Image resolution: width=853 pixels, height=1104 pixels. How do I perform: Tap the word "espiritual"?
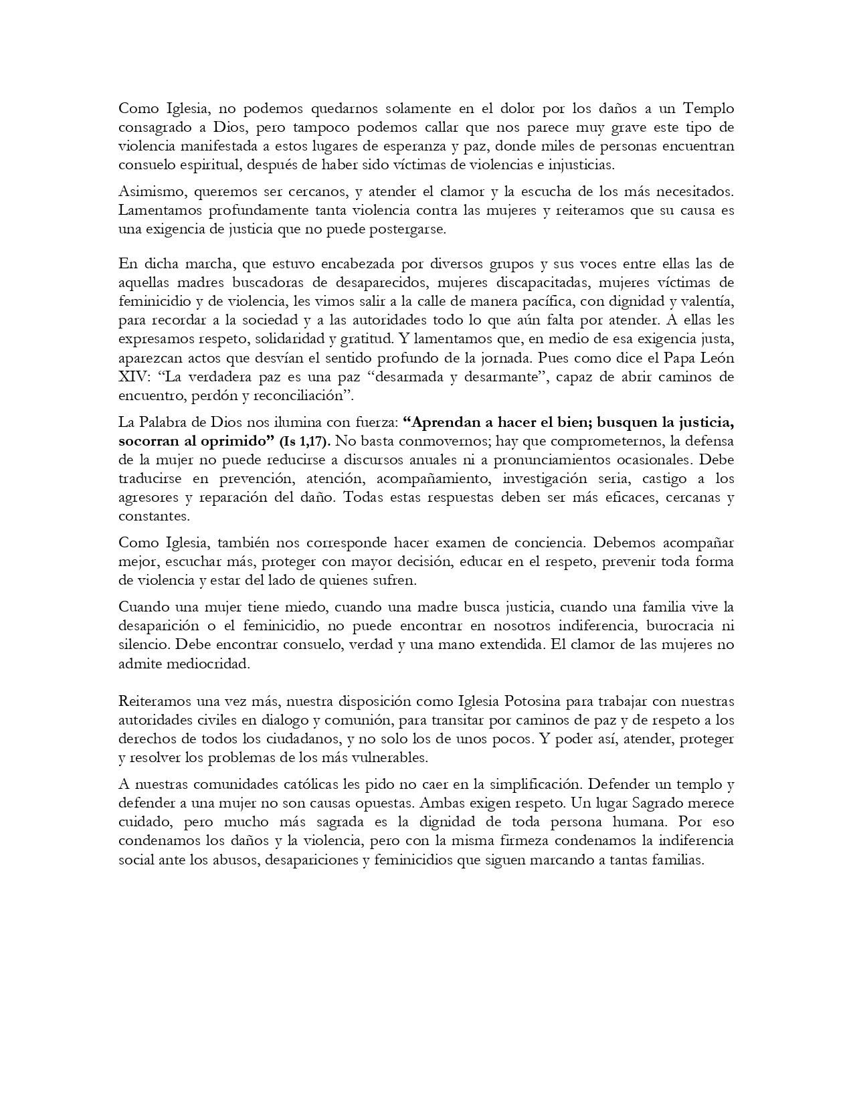coord(203,165)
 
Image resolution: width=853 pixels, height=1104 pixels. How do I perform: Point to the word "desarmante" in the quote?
coord(502,377)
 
